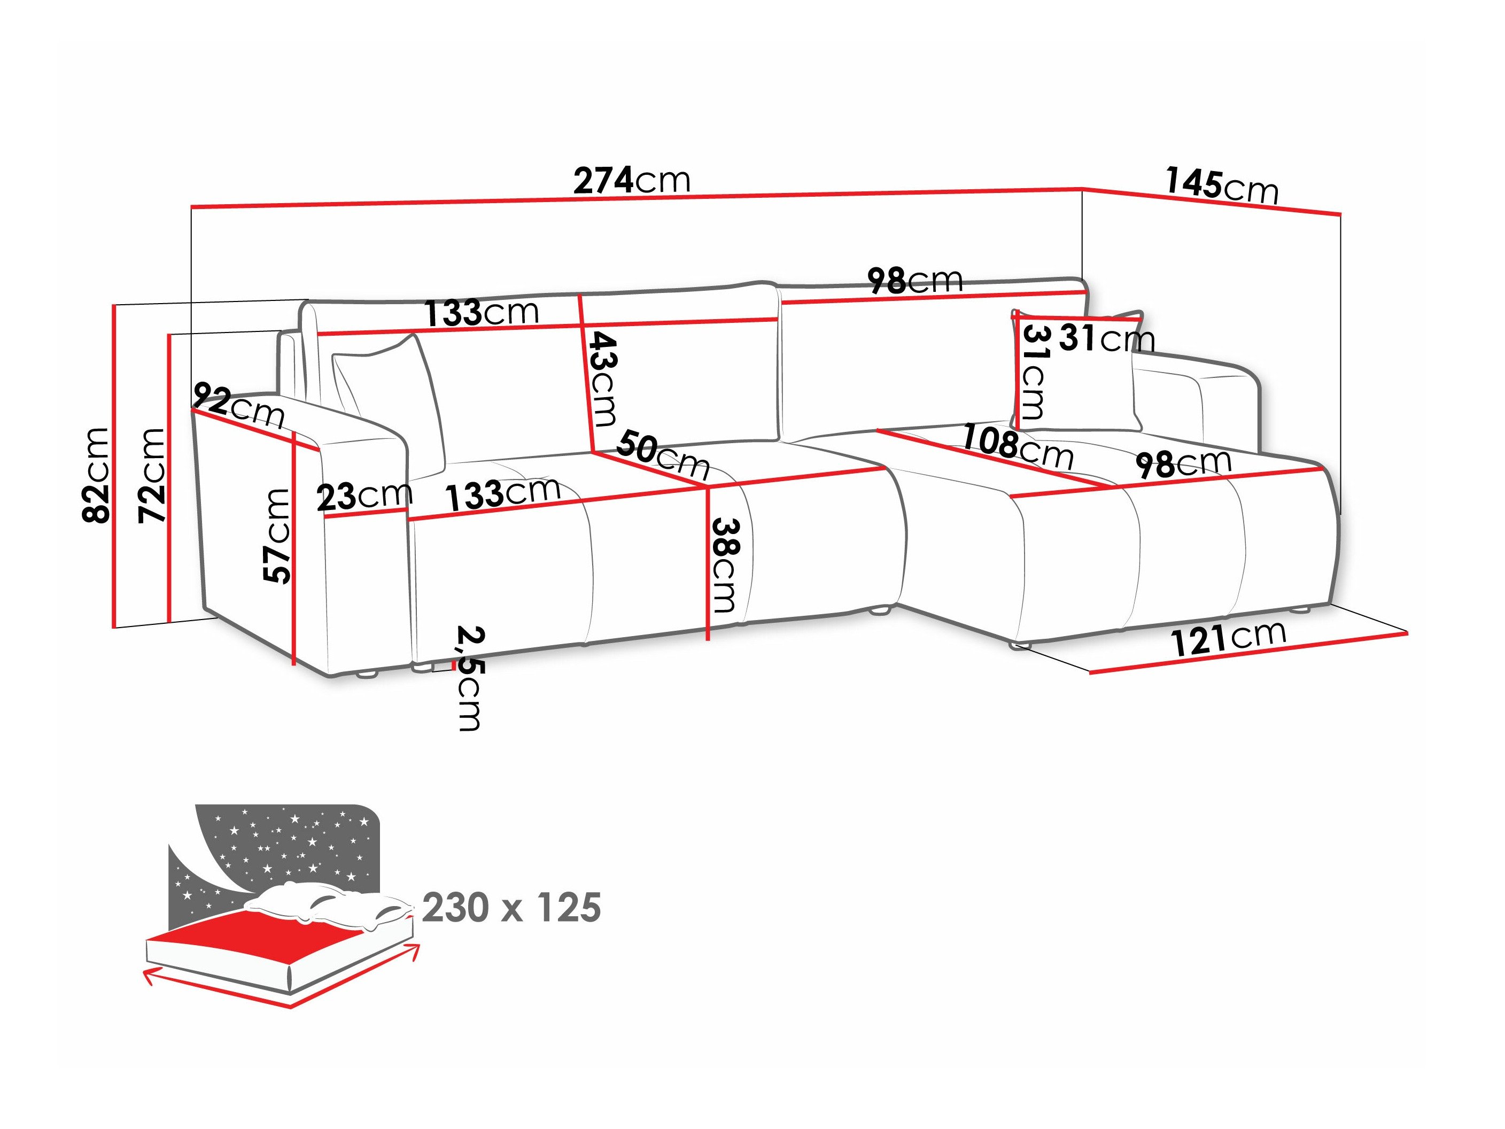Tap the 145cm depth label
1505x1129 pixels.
pos(1222,185)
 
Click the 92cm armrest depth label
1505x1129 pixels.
pos(239,406)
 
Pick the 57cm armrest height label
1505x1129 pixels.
pos(277,536)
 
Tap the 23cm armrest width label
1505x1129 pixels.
pos(364,496)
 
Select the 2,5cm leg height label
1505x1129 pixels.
pos(469,678)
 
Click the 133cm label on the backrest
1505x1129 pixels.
pos(482,312)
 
